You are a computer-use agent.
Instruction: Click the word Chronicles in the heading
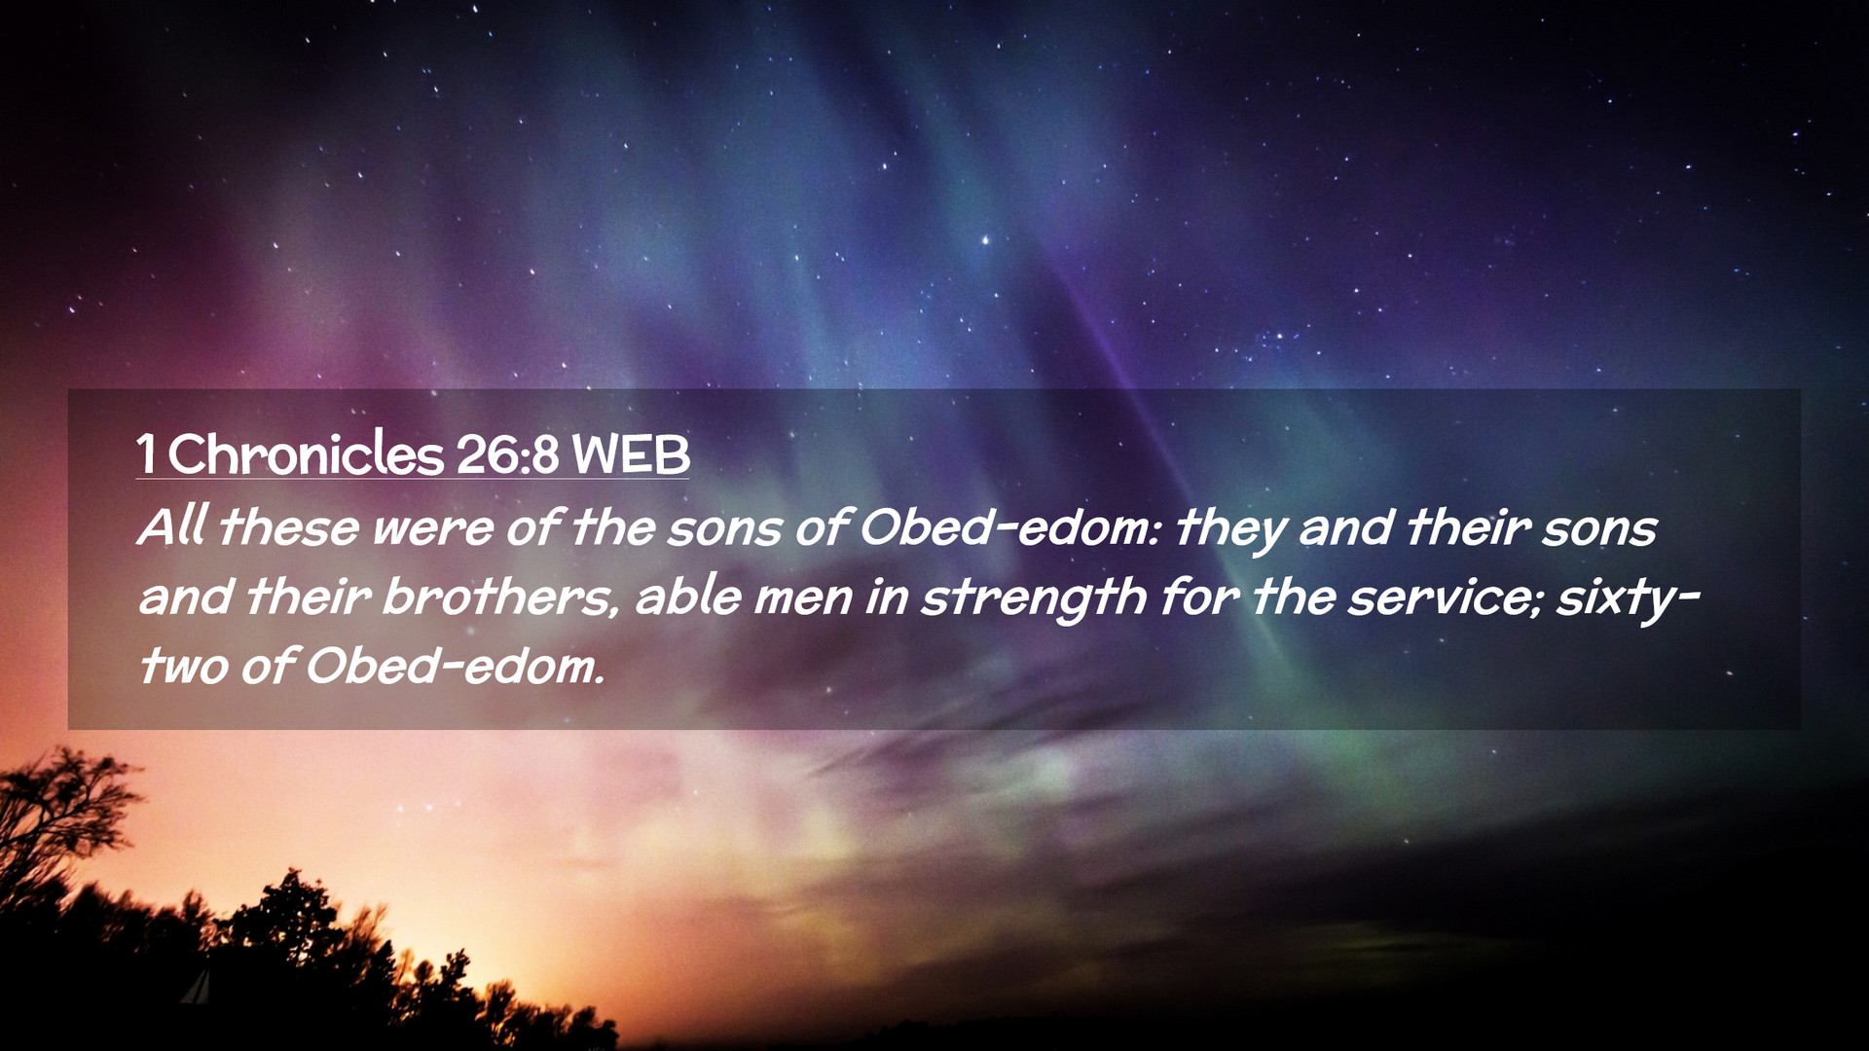(305, 454)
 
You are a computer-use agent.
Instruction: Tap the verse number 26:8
(506, 454)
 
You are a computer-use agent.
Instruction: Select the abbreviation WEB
(631, 454)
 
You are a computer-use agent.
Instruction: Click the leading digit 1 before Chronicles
(146, 454)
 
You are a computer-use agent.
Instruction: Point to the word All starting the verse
(172, 526)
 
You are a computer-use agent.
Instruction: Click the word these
(289, 526)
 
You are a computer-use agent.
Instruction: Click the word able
(688, 596)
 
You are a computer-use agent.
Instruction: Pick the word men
(803, 599)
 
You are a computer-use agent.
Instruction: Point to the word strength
(1034, 598)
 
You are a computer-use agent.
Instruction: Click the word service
(1446, 598)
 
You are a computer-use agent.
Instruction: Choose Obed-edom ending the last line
(455, 666)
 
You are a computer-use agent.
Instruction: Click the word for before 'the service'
(1198, 596)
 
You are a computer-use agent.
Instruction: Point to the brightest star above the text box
(985, 239)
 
